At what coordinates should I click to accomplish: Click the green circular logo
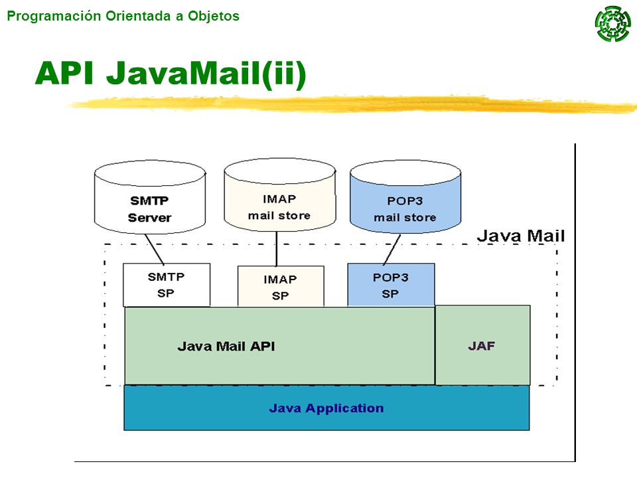pos(613,24)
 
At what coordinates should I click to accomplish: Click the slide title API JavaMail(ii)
pos(171,73)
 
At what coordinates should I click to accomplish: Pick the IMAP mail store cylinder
pos(280,195)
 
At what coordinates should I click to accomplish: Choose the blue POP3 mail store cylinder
pos(405,197)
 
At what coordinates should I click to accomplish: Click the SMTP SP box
pos(167,285)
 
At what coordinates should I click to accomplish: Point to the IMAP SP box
pos(281,287)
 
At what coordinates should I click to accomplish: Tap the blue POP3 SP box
pos(391,285)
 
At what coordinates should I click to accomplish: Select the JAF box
pos(482,345)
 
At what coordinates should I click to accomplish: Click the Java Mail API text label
pos(226,347)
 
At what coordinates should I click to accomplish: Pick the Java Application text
pos(326,408)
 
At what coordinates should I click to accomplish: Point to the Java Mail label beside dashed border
pos(521,236)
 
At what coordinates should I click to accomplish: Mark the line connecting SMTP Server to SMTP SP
pos(155,249)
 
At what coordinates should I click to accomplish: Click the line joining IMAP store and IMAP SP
pos(277,249)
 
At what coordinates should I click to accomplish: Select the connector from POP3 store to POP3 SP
pos(391,250)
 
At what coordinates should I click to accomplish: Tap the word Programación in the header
pos(54,16)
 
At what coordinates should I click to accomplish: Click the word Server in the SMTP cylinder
pos(149,218)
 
